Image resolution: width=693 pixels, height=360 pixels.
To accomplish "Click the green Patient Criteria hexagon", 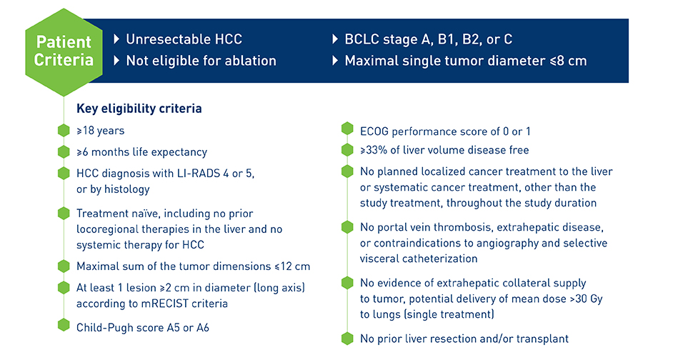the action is coord(64,51).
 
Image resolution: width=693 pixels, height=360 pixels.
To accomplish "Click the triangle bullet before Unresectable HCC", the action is coord(116,39).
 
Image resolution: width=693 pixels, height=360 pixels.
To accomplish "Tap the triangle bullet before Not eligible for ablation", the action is coord(116,61).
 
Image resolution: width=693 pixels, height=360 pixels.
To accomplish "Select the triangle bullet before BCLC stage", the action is coord(335,39).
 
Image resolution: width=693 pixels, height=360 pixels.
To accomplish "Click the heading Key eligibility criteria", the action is coord(139,109).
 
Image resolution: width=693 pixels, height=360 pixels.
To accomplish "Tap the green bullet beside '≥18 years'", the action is coord(64,130).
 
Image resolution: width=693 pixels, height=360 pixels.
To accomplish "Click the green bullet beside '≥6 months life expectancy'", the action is coord(64,152).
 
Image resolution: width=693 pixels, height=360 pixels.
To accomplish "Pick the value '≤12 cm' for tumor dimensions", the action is coord(292,266).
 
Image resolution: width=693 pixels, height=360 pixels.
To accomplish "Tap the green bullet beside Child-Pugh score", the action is coord(64,325).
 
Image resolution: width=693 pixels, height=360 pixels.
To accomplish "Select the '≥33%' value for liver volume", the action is coord(374,150).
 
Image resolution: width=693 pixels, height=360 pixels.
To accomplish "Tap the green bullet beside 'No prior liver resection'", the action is coord(347,339).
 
